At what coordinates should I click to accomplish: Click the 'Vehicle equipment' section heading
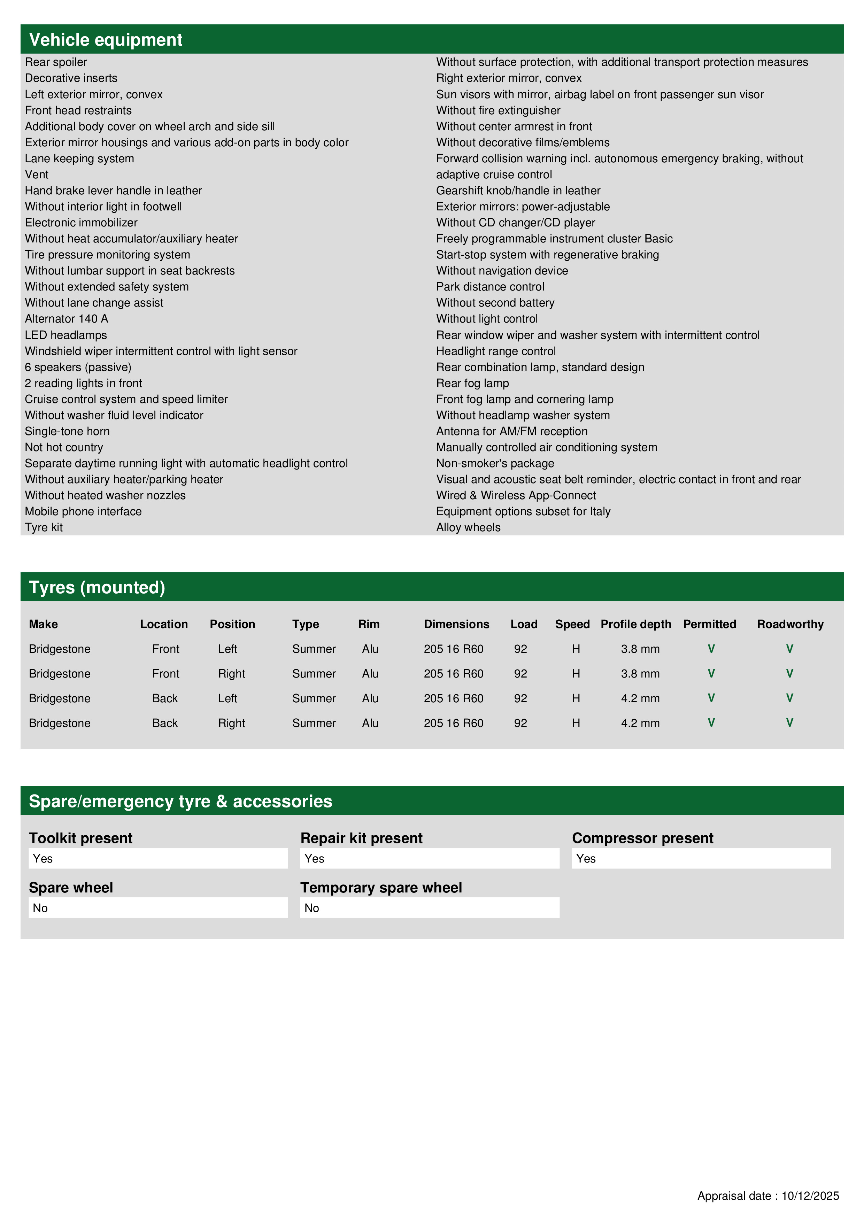(x=106, y=40)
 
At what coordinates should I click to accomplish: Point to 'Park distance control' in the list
(x=490, y=287)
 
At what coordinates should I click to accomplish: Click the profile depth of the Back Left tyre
(x=640, y=698)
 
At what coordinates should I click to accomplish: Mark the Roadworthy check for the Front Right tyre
(x=789, y=673)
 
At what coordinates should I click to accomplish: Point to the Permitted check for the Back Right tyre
(x=711, y=723)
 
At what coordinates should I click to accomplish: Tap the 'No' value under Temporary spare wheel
(x=312, y=908)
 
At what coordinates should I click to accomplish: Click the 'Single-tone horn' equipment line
(x=67, y=431)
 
